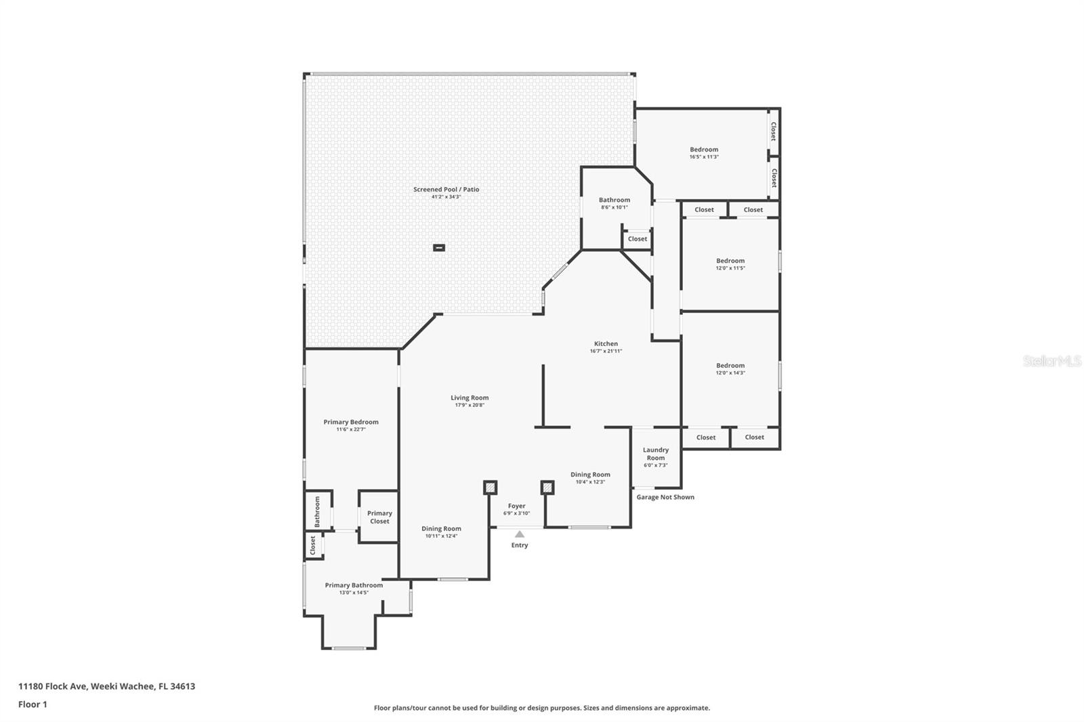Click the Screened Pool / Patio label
[446, 190]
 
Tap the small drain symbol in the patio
[439, 248]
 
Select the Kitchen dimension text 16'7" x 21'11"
[606, 352]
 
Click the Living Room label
[470, 398]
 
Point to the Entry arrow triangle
[520, 534]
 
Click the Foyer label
[516, 506]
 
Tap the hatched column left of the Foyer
[490, 488]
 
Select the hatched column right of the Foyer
[547, 488]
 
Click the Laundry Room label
[655, 454]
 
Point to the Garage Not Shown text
[665, 497]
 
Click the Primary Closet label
[379, 517]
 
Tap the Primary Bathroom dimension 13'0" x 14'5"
[354, 593]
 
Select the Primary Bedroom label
[351, 422]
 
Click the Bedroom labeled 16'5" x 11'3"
[704, 150]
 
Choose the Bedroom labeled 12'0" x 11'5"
[730, 261]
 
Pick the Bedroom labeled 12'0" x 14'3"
[730, 366]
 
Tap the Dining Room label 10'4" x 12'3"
[590, 475]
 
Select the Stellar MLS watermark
[1051, 362]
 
